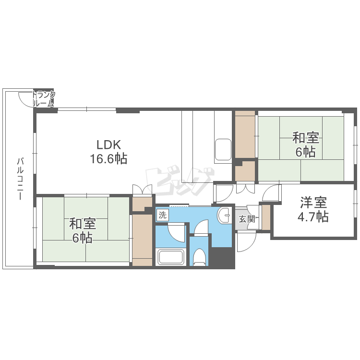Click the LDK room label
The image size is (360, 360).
tap(108, 145)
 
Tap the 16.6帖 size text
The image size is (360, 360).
tap(108, 159)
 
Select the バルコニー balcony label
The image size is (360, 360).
tap(21, 179)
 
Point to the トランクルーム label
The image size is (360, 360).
tap(44, 99)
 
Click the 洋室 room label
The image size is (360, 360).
tap(313, 202)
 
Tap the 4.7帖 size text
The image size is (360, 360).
tap(313, 216)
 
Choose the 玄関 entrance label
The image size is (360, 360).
tap(247, 219)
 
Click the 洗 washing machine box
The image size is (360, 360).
tap(163, 215)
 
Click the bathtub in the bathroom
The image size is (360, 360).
tap(171, 257)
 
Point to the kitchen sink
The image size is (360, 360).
tap(223, 150)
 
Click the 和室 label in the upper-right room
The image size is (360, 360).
tap(306, 138)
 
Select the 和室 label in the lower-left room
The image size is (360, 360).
tap(83, 224)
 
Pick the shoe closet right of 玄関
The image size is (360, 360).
tap(266, 217)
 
